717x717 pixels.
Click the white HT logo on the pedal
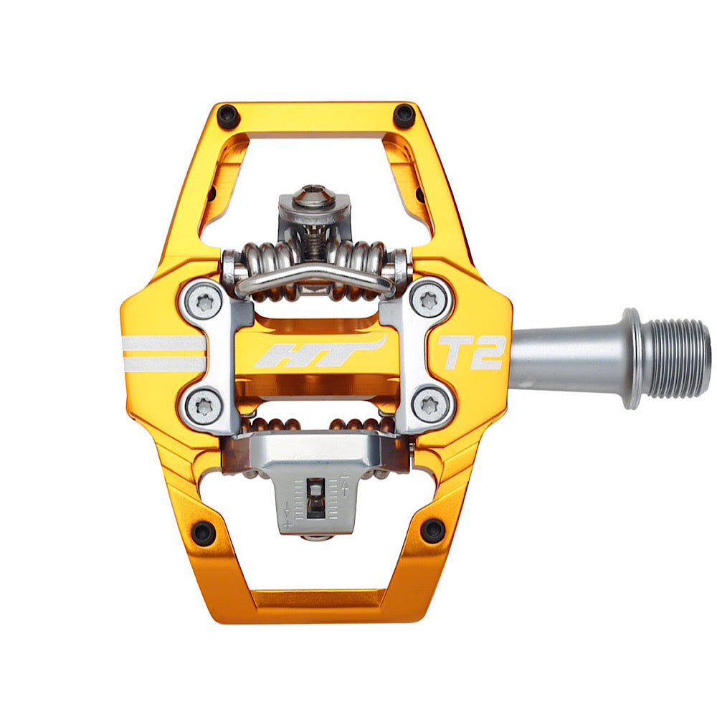click(319, 352)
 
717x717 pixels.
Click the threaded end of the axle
click(676, 358)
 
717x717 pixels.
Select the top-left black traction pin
click(228, 116)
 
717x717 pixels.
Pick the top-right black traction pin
click(404, 115)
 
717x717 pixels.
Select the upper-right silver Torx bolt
click(429, 300)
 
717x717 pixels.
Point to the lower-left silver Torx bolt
click(204, 406)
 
